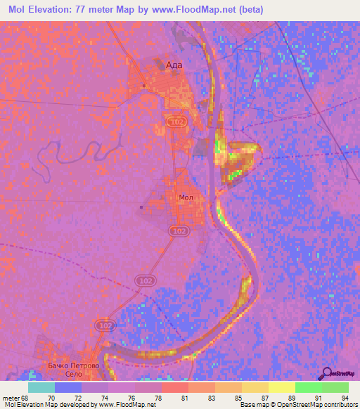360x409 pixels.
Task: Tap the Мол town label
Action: [186, 198]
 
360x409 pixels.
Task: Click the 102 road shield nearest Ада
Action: [176, 122]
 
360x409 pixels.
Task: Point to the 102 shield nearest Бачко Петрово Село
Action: [105, 327]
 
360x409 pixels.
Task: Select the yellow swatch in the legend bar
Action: [281, 387]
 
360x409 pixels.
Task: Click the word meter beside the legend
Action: [12, 397]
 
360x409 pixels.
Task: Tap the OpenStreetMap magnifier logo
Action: [326, 374]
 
